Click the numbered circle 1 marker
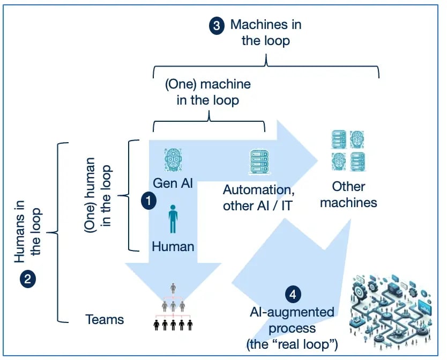(x=147, y=201)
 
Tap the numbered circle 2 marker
(x=27, y=280)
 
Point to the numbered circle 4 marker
(x=292, y=295)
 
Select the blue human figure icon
(x=173, y=218)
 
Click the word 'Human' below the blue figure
(x=173, y=246)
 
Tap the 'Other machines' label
(x=348, y=194)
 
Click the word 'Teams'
(x=105, y=320)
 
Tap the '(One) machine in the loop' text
(x=207, y=92)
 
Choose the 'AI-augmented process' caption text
(x=292, y=319)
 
